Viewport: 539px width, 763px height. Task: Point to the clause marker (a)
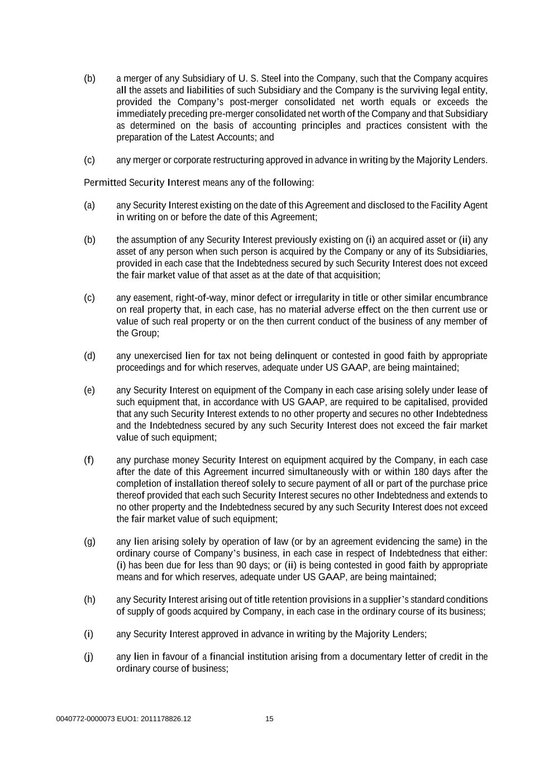(x=89, y=205)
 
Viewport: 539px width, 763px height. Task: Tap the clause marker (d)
(x=89, y=356)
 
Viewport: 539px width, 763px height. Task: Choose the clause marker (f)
(x=89, y=460)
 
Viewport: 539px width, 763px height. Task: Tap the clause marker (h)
(x=89, y=599)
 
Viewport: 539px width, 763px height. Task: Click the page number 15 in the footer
(x=269, y=719)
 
